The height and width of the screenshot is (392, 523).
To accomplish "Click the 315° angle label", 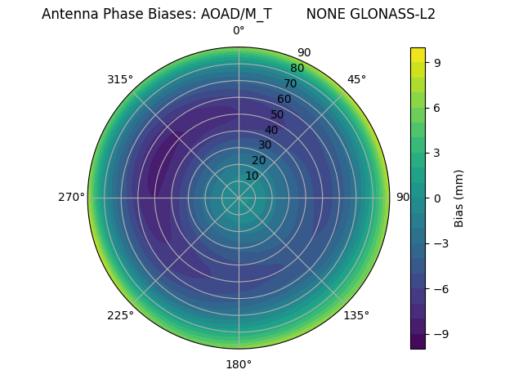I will [x=120, y=79].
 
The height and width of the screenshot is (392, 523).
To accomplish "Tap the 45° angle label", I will [x=356, y=79].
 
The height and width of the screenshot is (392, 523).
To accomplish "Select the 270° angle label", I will [x=71, y=197].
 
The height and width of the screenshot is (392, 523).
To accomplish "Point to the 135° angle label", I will [x=356, y=315].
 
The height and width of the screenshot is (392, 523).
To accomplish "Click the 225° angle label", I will [x=120, y=315].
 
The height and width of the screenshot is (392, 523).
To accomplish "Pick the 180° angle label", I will [x=239, y=364].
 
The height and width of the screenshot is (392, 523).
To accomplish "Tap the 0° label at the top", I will [x=239, y=31].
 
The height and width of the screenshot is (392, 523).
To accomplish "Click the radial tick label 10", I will [x=252, y=176].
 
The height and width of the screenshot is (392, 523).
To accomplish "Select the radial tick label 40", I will [x=271, y=130].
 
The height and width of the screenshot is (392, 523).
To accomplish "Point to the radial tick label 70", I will [x=290, y=83].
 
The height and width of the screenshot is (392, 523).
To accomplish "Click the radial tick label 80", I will [x=297, y=68].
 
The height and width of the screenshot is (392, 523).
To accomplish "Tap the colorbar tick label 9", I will [x=437, y=62].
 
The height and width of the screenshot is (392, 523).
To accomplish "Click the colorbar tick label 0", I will [x=437, y=198].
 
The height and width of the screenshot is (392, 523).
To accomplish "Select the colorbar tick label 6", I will [x=437, y=107].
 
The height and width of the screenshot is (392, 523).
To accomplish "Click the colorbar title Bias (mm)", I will [x=459, y=198].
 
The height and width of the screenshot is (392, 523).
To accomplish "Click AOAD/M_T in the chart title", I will [x=236, y=14].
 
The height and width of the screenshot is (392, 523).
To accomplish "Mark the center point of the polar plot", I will [x=239, y=198].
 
